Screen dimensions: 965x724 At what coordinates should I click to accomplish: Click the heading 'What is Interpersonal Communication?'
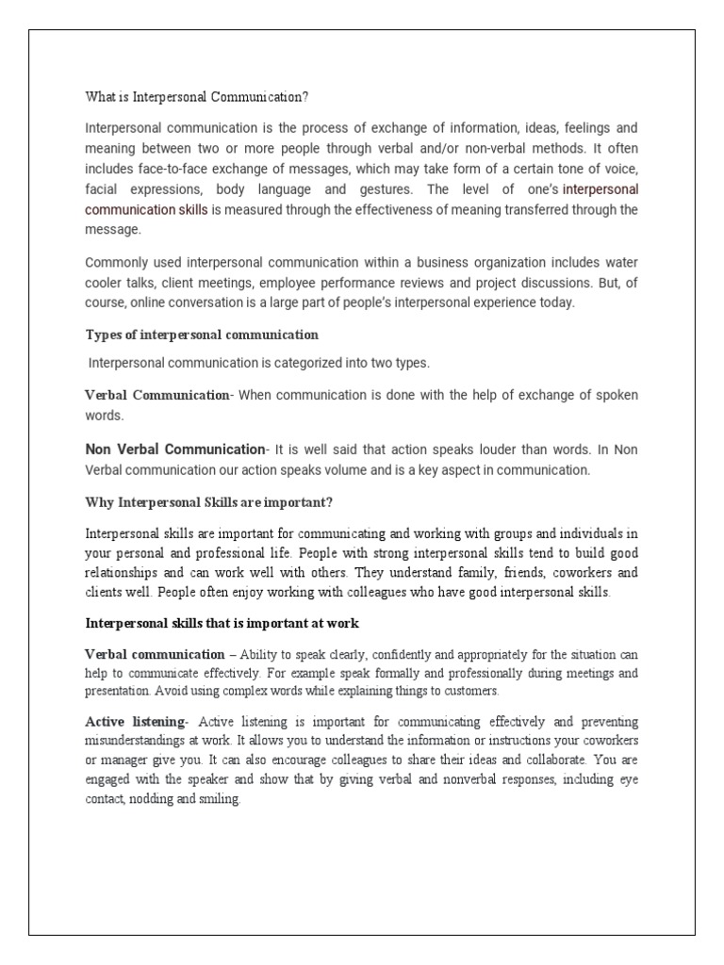pyautogui.click(x=197, y=97)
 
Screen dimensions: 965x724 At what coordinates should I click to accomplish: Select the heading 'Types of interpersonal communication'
pyautogui.click(x=202, y=335)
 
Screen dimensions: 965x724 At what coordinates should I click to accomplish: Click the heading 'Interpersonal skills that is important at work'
pyautogui.click(x=222, y=623)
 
